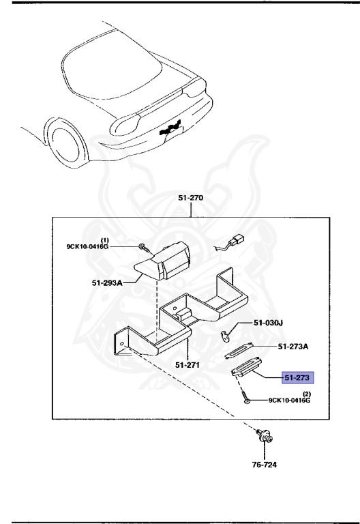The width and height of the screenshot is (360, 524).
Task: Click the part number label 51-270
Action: pos(191,199)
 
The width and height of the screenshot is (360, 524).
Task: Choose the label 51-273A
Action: pos(293,347)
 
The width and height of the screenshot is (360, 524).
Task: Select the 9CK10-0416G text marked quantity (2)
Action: pos(288,401)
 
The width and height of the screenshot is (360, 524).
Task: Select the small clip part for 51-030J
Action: pos(227,334)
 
